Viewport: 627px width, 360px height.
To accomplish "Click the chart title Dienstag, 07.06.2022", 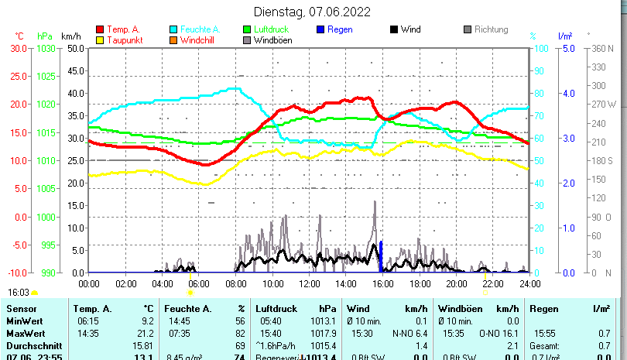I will tap(312, 12).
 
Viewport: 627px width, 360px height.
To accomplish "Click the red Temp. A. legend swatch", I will tap(99, 29).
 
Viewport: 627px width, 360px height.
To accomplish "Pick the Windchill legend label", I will tap(199, 40).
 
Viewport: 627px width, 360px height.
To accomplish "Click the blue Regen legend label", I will tap(341, 29).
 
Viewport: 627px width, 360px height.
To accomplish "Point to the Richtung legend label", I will tap(491, 29).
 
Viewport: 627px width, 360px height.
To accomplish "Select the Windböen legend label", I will tap(272, 40).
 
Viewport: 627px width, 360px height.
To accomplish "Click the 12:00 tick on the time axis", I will tap(309, 284).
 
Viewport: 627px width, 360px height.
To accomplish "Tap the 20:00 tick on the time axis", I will tap(456, 284).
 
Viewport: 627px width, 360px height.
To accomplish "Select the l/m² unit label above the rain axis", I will tap(564, 36).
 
